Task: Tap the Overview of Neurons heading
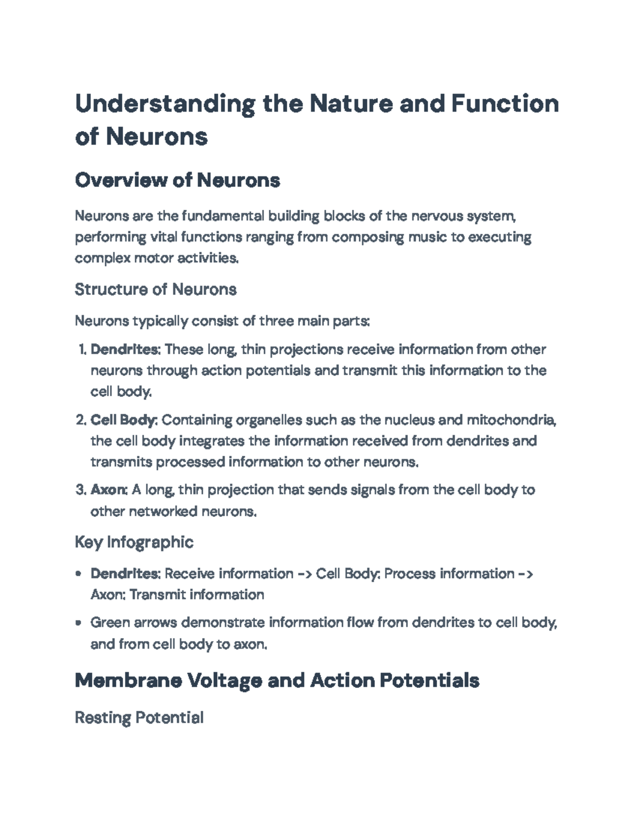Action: click(177, 181)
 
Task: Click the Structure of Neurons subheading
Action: click(156, 290)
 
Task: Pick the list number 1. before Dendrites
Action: click(82, 350)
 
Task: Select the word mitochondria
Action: click(511, 420)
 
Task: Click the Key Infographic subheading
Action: click(134, 542)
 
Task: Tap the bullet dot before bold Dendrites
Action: click(79, 574)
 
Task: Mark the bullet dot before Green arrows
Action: click(79, 623)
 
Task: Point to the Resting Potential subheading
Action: click(139, 718)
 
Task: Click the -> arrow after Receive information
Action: click(305, 574)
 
